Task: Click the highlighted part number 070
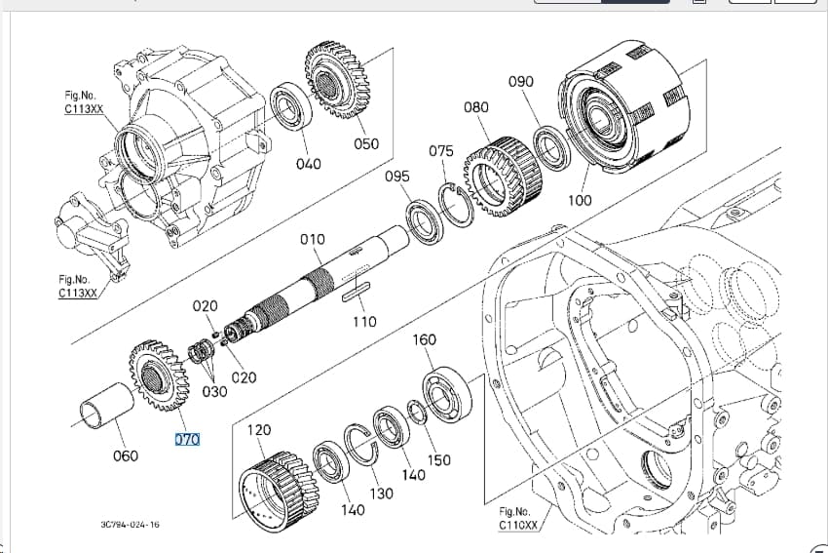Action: tap(187, 439)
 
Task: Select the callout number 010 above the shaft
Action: tap(313, 240)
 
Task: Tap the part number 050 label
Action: tap(366, 143)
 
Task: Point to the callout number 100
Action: tap(580, 200)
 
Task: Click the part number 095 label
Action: tap(397, 177)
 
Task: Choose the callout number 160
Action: tap(424, 339)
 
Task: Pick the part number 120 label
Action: tap(259, 430)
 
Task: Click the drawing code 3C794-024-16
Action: tap(130, 525)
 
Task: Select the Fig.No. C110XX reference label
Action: tap(518, 518)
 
